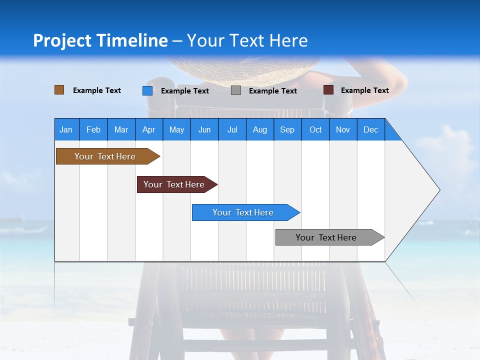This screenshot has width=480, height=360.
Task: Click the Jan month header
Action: [66, 129]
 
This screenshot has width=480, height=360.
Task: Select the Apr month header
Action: [148, 129]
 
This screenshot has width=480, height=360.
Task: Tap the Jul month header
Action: [232, 129]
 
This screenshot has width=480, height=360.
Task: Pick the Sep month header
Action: [287, 129]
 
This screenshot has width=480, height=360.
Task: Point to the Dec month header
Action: [370, 129]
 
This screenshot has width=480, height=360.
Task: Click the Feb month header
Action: [93, 129]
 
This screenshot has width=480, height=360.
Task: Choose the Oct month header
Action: [315, 129]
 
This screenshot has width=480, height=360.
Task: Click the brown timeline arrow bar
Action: [105, 156]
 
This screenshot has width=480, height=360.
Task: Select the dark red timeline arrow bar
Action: [174, 184]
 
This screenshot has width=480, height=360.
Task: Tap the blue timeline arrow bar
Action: [243, 212]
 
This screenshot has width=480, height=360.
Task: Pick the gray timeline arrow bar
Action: [326, 237]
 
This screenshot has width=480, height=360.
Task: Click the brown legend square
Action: [59, 90]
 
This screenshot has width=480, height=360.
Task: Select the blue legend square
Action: [147, 90]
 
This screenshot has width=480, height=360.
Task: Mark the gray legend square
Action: [236, 90]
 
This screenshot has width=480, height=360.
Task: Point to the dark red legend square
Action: [328, 90]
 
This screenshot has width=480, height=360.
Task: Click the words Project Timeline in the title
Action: [100, 40]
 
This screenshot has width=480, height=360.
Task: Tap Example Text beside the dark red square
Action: [364, 90]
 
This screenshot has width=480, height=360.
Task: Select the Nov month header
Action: [343, 129]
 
